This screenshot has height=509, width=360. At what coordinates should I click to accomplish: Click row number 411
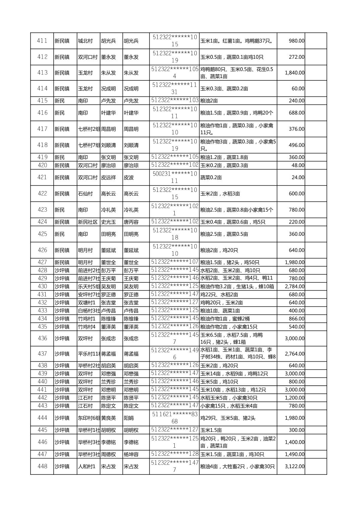pos(42,41)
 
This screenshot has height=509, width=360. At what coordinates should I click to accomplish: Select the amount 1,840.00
pos(295,73)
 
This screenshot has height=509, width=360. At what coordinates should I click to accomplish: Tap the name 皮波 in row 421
pos(129,177)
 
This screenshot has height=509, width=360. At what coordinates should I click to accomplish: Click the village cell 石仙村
pos(85,194)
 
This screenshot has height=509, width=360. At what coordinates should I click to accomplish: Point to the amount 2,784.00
pos(295,286)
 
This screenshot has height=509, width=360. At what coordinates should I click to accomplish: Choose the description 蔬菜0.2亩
pos(211,177)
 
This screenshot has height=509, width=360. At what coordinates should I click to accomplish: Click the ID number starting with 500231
pos(175,177)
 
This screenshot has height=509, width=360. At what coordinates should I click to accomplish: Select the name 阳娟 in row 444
pos(129,418)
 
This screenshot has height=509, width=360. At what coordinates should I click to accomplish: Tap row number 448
pos(42,466)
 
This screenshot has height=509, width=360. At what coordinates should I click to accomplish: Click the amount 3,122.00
pos(295,466)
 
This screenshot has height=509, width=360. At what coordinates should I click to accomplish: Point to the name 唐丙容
pos(131,222)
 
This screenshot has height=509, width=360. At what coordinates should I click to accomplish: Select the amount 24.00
pos(298,177)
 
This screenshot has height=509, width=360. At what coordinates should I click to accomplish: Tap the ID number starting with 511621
pos(175,418)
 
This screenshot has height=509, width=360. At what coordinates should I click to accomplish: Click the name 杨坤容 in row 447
pos(131,454)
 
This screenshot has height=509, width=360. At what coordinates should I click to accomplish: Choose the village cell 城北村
pos(85,41)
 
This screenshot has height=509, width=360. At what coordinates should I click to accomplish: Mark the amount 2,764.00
pos(295,354)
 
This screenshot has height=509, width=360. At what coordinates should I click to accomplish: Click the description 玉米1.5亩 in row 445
pos(211,430)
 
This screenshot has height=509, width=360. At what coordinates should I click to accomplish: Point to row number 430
pos(42,286)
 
